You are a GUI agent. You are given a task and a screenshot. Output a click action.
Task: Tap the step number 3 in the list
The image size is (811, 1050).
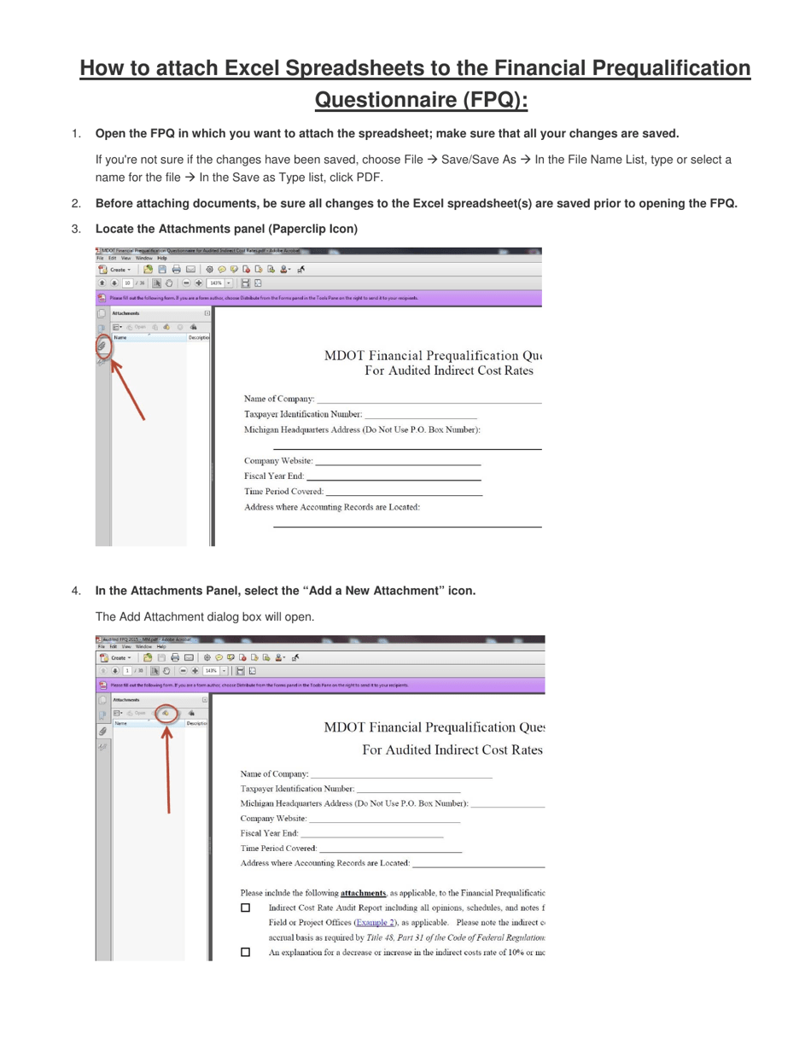[x=77, y=229]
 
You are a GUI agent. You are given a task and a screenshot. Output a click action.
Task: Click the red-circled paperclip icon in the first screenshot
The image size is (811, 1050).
[x=102, y=346]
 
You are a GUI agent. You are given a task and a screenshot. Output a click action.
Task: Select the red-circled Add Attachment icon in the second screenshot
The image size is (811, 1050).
[x=167, y=714]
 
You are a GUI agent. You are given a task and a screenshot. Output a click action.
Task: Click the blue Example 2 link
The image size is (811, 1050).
[x=376, y=922]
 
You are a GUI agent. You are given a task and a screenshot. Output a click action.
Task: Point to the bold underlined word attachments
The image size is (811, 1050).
[x=363, y=893]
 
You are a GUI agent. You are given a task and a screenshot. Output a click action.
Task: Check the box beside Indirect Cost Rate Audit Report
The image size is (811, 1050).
[x=246, y=908]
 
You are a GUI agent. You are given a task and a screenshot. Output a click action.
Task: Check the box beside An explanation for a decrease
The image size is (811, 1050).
[x=246, y=952]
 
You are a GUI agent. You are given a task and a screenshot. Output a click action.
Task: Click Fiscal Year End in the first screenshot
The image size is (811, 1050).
[x=273, y=476]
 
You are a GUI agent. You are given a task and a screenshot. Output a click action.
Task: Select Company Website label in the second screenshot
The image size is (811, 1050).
[x=273, y=819]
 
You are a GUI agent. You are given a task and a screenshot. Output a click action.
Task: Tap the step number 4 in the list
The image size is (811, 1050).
[x=77, y=591]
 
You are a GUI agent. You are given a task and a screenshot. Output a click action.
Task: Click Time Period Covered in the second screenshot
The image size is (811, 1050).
[x=278, y=849]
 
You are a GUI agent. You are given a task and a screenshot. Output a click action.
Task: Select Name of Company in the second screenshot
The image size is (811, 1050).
[x=274, y=773]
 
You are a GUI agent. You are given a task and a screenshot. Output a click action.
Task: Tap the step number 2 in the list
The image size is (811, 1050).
[x=77, y=203]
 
